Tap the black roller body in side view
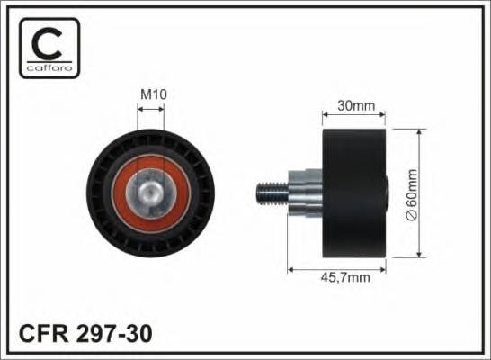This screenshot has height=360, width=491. (355, 192)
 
